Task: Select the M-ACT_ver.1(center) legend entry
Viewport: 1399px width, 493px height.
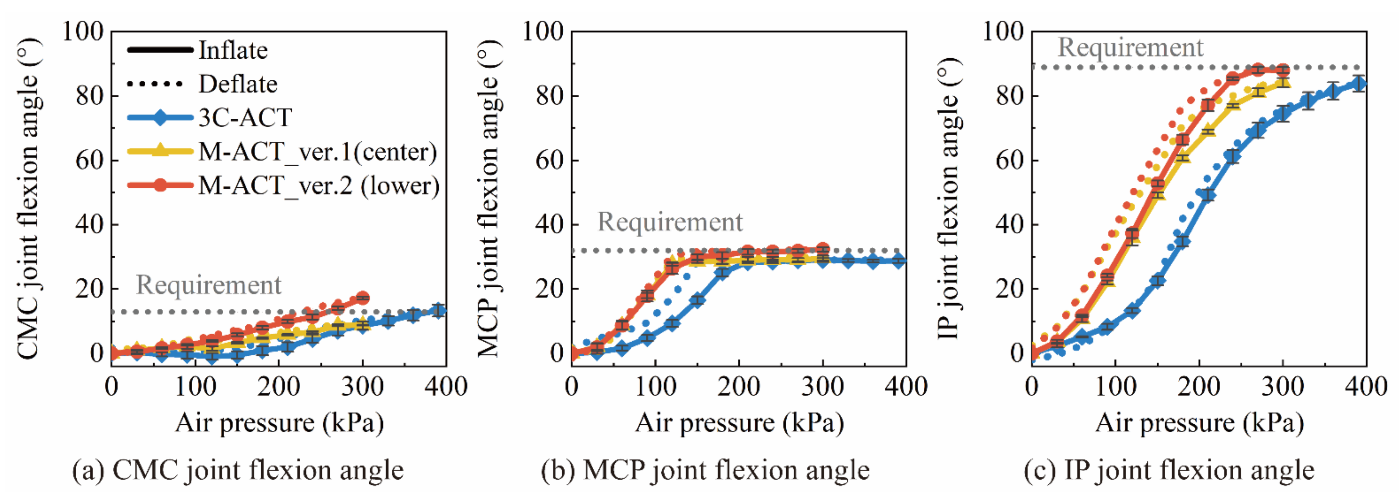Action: pos(317,151)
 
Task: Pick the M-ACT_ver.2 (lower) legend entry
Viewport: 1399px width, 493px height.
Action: pos(319,186)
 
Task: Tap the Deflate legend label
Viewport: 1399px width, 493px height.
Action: pos(238,84)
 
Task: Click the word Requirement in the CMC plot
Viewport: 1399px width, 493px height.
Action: pos(208,285)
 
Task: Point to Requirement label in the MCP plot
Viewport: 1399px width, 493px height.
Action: pos(670,221)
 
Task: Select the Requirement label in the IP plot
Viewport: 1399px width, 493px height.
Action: pos(1130,47)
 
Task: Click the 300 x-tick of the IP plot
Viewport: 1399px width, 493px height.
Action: pos(1282,387)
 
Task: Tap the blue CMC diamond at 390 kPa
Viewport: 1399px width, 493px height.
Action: pos(438,310)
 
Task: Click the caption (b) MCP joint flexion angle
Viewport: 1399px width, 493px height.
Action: pos(705,470)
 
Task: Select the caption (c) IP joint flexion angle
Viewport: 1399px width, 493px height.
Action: pos(1169,470)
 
